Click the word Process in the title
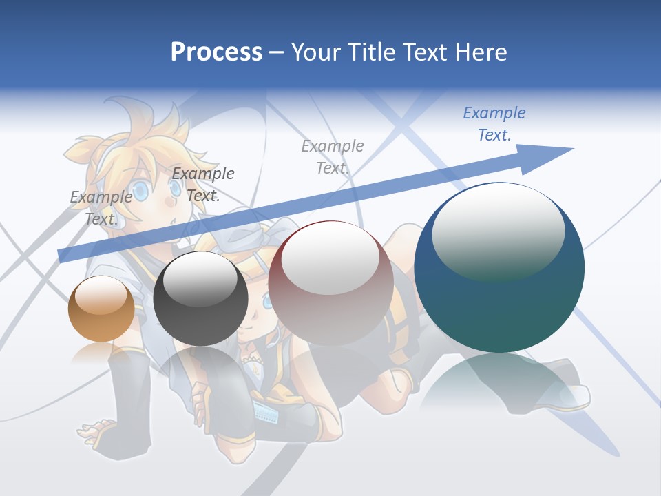(216, 52)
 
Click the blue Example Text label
(494, 123)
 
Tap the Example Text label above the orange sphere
(101, 207)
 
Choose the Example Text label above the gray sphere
(202, 184)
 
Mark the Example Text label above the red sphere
(332, 156)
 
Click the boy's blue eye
(140, 191)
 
